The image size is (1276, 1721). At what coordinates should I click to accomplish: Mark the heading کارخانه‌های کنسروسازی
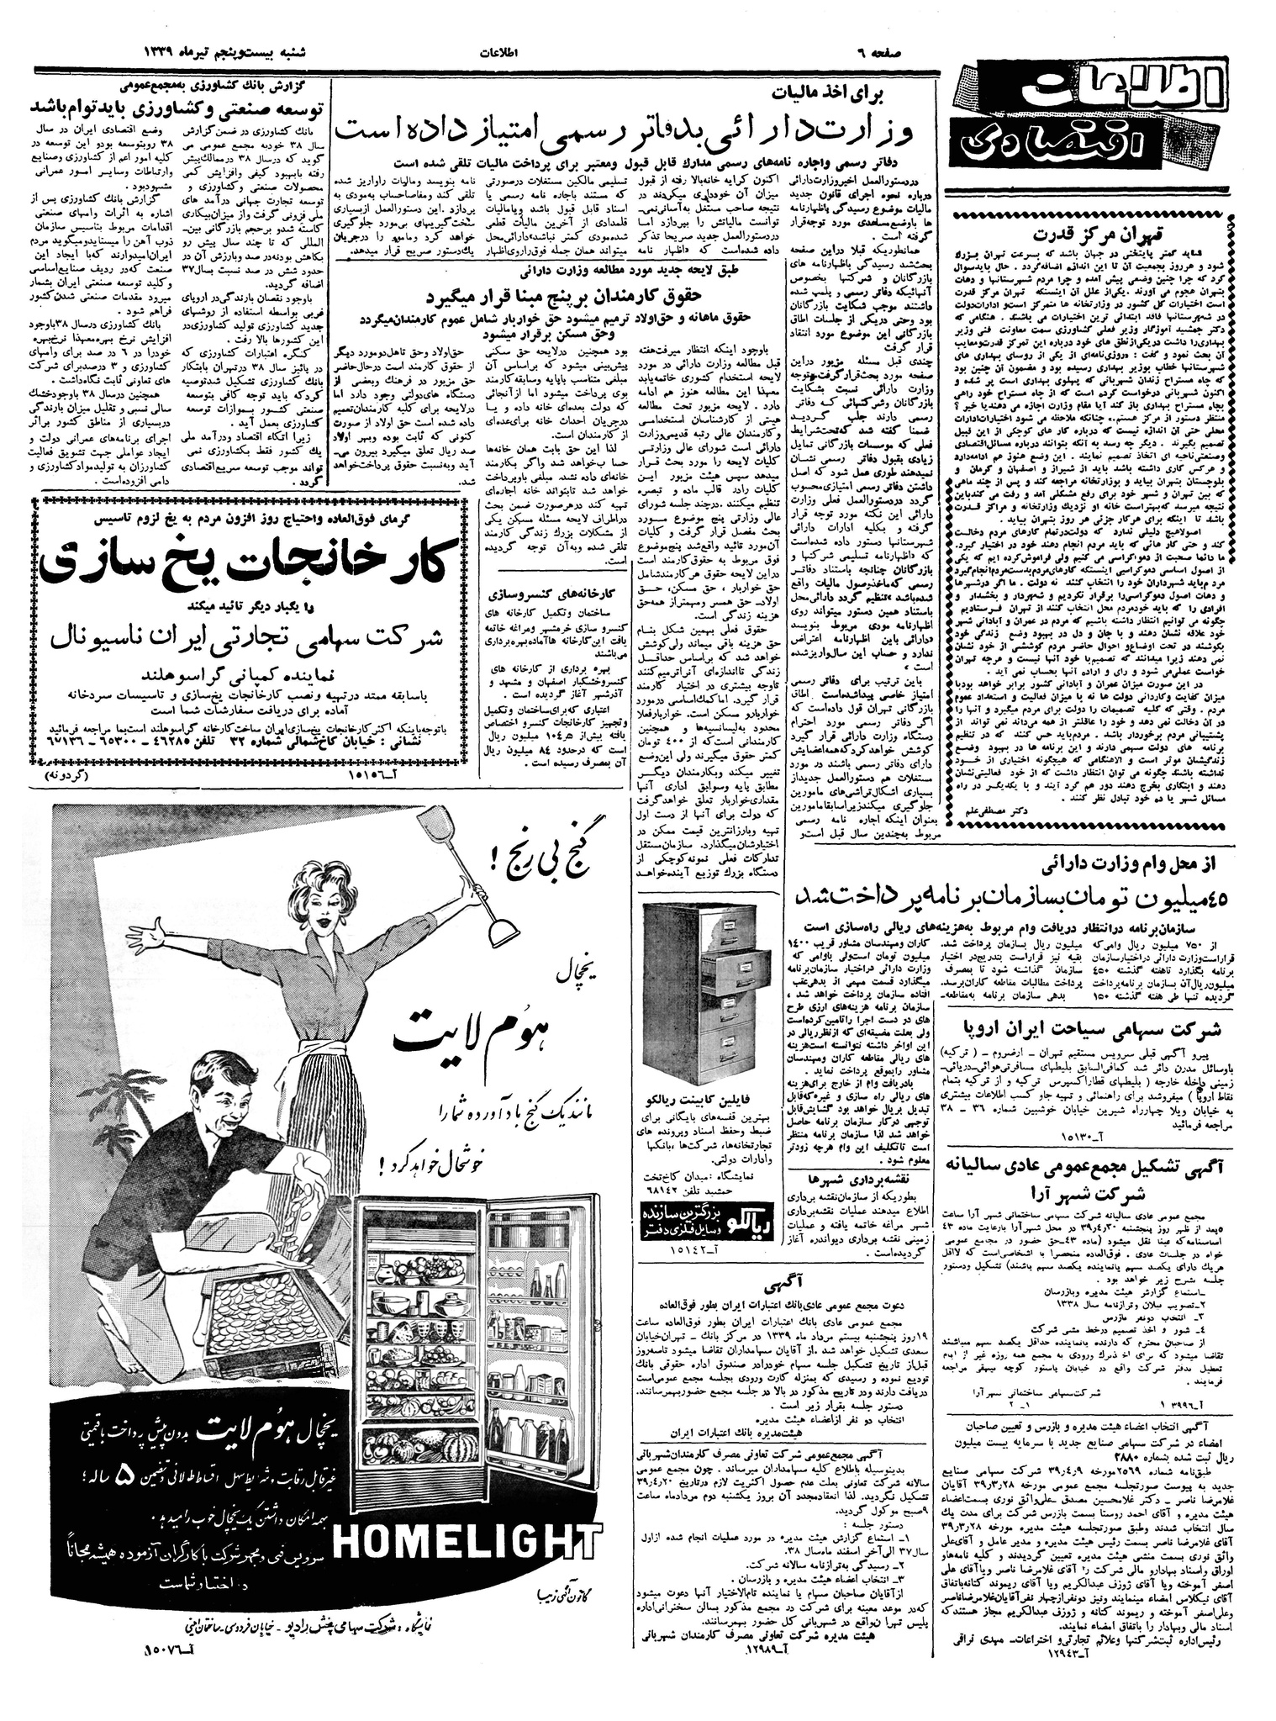[555, 590]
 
